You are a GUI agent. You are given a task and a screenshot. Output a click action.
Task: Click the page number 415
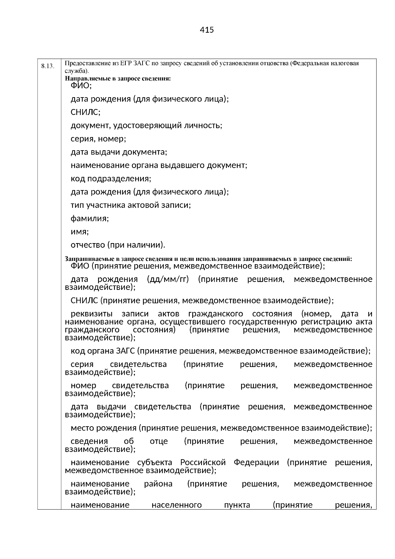(207, 30)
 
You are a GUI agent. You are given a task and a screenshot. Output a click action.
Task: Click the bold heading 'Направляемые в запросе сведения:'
(118, 79)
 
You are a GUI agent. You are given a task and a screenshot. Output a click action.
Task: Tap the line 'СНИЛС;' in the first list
(86, 112)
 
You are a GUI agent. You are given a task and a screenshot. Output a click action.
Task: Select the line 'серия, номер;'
(98, 139)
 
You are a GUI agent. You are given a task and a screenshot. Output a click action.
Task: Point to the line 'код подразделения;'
(111, 179)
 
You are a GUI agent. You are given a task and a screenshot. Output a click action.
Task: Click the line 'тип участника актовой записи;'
(131, 205)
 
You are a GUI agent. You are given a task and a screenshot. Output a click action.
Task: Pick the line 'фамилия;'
(90, 218)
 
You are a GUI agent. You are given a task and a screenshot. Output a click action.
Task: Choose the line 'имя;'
(80, 232)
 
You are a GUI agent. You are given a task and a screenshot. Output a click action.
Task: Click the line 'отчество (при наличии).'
(118, 245)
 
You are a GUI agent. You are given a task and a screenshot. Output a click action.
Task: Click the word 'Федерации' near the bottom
(256, 462)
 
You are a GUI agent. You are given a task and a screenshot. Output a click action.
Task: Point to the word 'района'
(158, 484)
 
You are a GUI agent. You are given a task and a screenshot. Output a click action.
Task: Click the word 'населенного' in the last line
(176, 505)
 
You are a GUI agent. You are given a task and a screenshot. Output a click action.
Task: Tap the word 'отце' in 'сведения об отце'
(159, 441)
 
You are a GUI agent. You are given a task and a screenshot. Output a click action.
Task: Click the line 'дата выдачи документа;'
(119, 152)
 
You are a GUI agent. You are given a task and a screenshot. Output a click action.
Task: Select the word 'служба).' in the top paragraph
(76, 71)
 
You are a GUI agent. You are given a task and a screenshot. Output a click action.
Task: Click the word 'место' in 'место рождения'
(80, 428)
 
